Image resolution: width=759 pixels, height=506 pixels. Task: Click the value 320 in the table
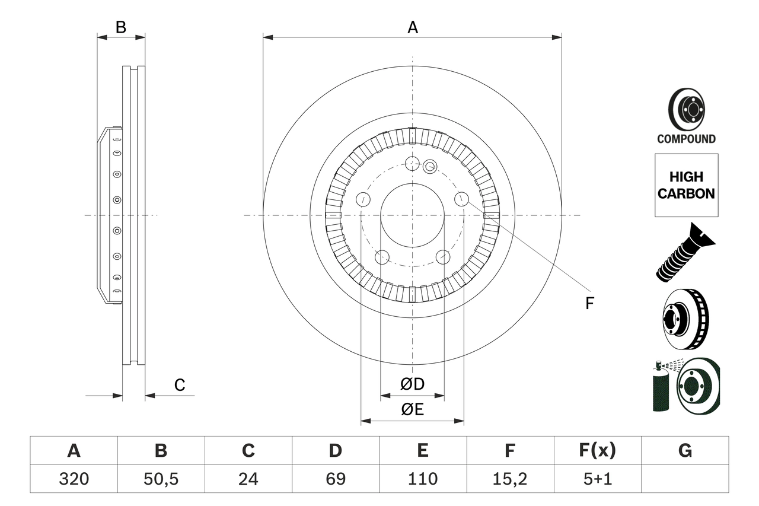74,479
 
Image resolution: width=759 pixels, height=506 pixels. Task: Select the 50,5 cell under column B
161,479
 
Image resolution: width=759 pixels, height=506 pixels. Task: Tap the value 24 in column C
248,479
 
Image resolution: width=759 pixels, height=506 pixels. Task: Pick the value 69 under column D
335,479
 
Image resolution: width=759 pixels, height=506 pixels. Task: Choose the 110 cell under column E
422,479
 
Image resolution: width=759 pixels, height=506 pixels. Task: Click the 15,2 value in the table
509,479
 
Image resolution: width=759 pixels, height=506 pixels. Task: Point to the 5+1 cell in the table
597,479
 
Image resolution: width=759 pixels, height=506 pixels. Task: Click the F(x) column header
597,451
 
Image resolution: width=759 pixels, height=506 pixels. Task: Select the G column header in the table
685,451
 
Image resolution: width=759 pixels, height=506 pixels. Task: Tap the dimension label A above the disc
412,27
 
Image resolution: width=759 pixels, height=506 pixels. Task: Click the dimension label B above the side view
120,27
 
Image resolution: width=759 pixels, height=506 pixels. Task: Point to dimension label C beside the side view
180,385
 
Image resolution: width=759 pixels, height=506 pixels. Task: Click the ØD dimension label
412,384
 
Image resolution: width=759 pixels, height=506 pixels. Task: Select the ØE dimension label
412,410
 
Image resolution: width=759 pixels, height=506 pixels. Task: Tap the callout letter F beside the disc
589,304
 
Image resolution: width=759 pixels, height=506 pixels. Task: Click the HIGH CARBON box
686,185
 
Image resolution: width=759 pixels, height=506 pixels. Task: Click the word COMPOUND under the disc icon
686,139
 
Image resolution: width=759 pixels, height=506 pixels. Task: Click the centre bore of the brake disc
412,215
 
